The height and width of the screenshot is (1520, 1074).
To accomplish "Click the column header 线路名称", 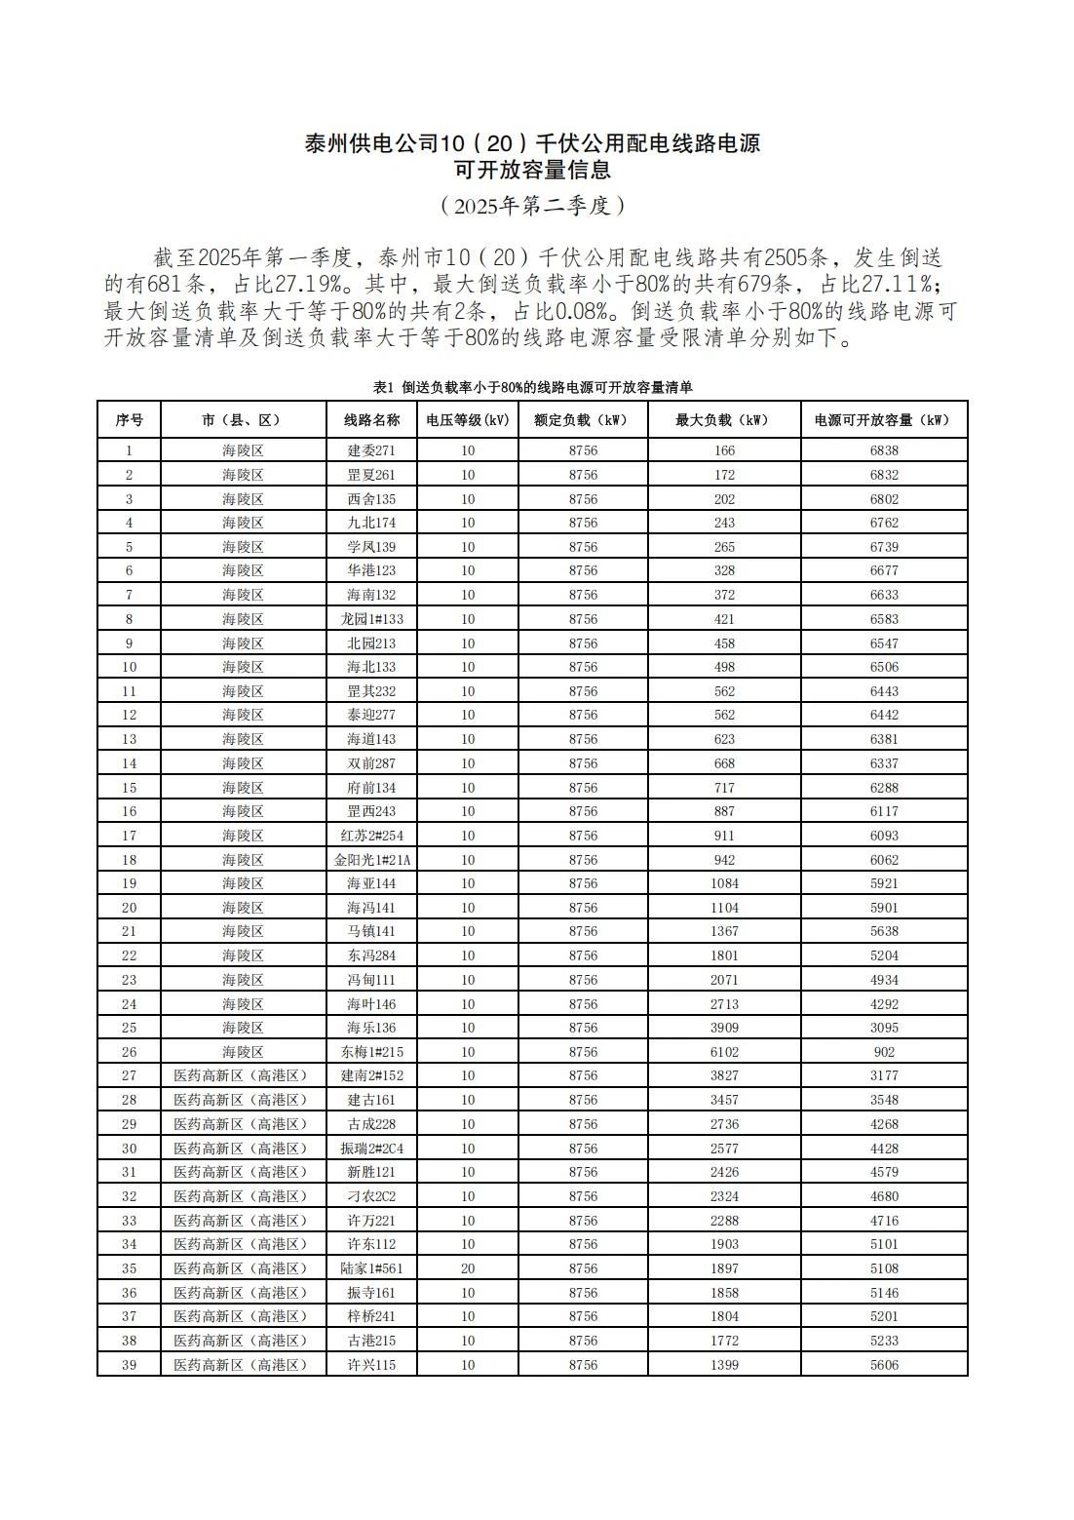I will click(x=371, y=420).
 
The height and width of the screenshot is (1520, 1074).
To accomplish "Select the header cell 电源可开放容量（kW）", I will click(x=884, y=420).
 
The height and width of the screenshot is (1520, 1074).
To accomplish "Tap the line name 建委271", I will click(x=371, y=451).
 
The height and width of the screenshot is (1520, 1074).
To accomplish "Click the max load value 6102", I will click(x=724, y=1052).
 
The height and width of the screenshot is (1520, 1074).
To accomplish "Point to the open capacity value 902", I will click(x=884, y=1052).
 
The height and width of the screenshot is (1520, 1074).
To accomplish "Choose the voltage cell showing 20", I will click(x=468, y=1268).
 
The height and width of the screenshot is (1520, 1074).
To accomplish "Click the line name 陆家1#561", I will click(x=371, y=1268).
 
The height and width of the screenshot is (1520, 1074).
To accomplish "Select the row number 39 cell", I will click(x=129, y=1365).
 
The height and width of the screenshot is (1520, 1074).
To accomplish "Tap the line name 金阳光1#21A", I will click(x=371, y=860).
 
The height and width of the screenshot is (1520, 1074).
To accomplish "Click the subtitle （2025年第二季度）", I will click(x=532, y=206).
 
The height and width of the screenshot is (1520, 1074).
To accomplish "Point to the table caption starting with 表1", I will click(x=532, y=388).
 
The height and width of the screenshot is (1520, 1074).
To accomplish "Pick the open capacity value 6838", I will click(x=884, y=451).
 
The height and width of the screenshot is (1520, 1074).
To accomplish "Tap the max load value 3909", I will click(x=724, y=1028).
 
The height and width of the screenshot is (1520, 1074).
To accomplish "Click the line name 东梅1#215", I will click(x=371, y=1052).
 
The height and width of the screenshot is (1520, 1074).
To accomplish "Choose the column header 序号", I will click(x=129, y=420).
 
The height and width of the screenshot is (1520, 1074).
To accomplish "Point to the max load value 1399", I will click(x=724, y=1365).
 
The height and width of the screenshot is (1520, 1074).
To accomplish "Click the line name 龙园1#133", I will click(x=371, y=619).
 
